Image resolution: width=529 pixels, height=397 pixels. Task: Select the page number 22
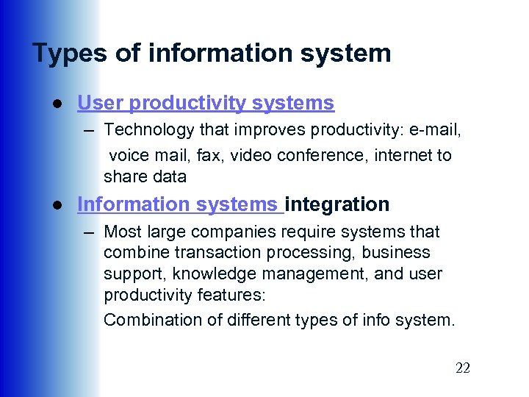pos(462,368)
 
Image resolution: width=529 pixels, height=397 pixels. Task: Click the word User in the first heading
pos(98,104)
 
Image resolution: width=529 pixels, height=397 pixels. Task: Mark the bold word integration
pos(337,204)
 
